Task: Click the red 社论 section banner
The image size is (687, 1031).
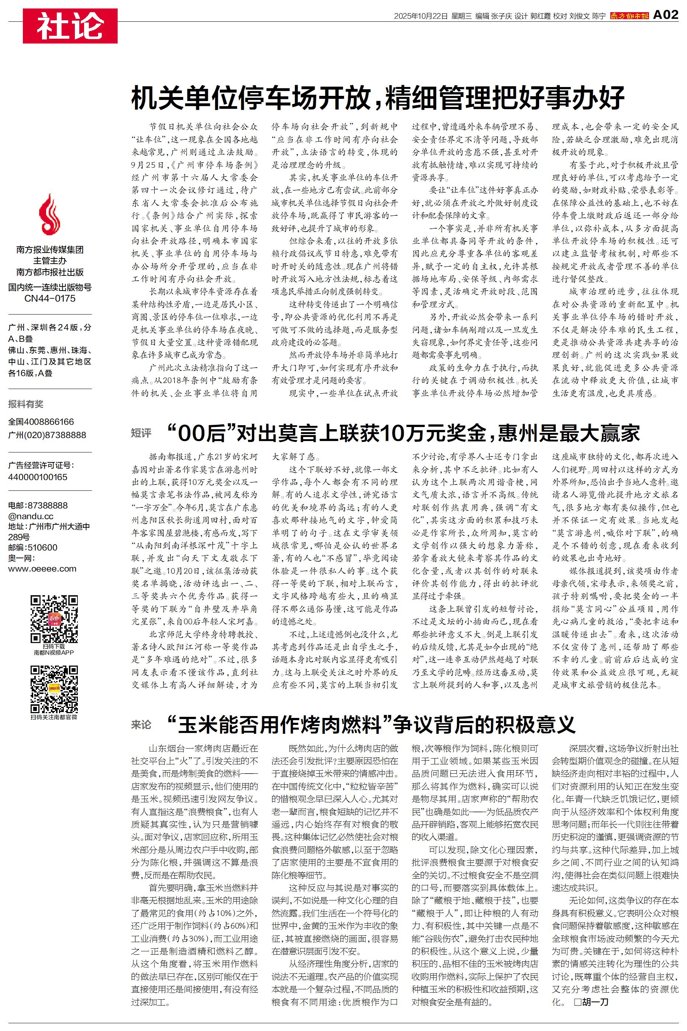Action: point(70,26)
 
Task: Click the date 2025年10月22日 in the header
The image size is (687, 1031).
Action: point(421,16)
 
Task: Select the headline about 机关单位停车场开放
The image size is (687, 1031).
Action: point(378,98)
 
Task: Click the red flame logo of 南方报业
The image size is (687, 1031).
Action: point(49,215)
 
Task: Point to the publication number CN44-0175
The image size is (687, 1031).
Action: point(50,299)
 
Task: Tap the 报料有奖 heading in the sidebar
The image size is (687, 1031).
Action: point(26,404)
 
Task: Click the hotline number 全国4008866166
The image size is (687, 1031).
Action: point(41,422)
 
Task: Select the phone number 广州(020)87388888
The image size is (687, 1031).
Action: point(47,435)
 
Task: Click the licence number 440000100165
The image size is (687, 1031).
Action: point(38,477)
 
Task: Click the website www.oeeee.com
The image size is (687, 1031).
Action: point(42,569)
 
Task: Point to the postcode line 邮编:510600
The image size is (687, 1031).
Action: point(33,548)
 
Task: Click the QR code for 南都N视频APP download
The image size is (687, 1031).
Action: point(54,618)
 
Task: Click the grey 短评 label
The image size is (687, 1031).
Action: point(141,433)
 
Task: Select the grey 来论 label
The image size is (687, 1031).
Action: point(141,725)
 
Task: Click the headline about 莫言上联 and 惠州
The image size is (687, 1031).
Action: point(403,433)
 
